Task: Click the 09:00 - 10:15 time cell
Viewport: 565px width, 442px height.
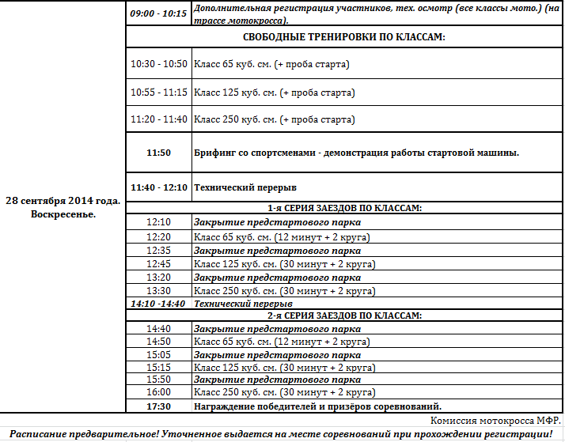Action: [x=158, y=13]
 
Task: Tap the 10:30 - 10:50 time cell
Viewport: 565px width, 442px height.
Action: [x=158, y=65]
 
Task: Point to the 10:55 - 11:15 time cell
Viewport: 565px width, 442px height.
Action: [x=158, y=93]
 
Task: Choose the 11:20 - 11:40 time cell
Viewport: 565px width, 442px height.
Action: [x=158, y=120]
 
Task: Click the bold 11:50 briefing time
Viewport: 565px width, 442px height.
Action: [x=158, y=153]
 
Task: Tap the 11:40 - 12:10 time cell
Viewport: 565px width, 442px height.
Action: [x=158, y=188]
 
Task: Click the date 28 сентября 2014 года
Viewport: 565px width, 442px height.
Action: [x=63, y=201]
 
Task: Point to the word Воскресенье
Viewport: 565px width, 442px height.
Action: [x=63, y=214]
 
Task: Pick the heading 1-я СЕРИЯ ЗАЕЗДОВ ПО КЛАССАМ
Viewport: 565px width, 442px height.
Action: [x=343, y=208]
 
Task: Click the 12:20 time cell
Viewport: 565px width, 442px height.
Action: [x=158, y=236]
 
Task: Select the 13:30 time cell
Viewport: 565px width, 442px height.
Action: [x=158, y=290]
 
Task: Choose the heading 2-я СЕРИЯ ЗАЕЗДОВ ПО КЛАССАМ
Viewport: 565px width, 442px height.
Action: [x=343, y=315]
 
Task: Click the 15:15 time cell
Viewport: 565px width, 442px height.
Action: [x=158, y=368]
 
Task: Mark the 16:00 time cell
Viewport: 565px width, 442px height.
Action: [x=158, y=392]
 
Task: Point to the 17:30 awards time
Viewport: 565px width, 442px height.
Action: [x=158, y=406]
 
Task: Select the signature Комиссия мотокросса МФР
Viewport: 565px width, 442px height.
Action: [x=495, y=420]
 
